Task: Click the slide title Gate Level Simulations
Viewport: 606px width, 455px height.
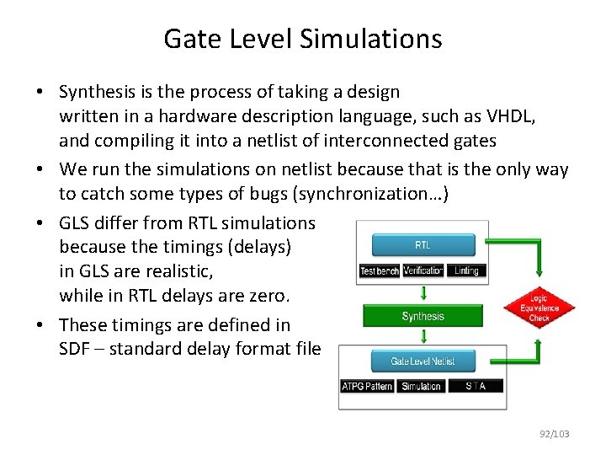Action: pyautogui.click(x=302, y=39)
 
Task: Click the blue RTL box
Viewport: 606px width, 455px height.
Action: pyautogui.click(x=423, y=245)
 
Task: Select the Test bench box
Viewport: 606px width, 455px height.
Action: pyautogui.click(x=379, y=270)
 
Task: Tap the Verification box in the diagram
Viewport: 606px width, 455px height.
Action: pyautogui.click(x=423, y=270)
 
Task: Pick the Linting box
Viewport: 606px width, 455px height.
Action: pyautogui.click(x=465, y=270)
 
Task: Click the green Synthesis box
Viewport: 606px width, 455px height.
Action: pyautogui.click(x=423, y=317)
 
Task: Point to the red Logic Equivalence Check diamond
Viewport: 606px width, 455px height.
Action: pyautogui.click(x=539, y=308)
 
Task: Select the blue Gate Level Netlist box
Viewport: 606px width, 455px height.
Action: pyautogui.click(x=423, y=361)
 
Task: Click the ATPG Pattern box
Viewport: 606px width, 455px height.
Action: pyautogui.click(x=367, y=386)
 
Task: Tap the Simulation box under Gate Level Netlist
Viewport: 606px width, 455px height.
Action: pyautogui.click(x=421, y=386)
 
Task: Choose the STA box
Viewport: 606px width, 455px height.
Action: pyautogui.click(x=475, y=386)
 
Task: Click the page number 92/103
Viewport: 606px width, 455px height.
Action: pyautogui.click(x=554, y=434)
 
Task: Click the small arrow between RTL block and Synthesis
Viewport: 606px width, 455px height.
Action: pyautogui.click(x=423, y=292)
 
